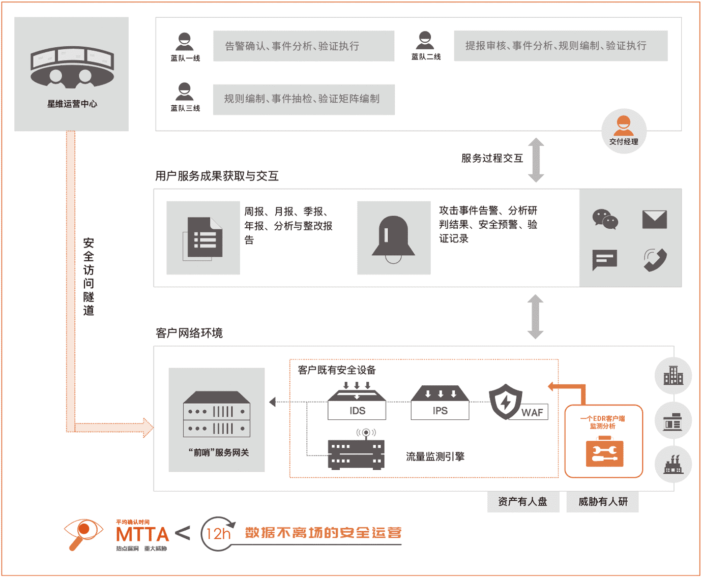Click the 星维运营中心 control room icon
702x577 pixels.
point(72,67)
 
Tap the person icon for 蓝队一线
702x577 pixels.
point(185,42)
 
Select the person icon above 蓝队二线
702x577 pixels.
point(425,40)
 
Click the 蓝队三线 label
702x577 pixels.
point(185,108)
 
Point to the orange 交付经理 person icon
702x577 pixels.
point(624,126)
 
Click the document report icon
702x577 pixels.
point(202,239)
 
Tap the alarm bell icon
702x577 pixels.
point(393,239)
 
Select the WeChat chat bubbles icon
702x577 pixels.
point(605,219)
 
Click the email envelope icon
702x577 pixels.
point(654,220)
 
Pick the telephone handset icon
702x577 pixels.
point(655,260)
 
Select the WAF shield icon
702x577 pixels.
point(505,402)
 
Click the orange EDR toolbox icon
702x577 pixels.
point(604,451)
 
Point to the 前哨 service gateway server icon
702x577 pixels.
point(216,414)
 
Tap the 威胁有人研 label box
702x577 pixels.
point(602,502)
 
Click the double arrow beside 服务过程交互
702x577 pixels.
point(536,160)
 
